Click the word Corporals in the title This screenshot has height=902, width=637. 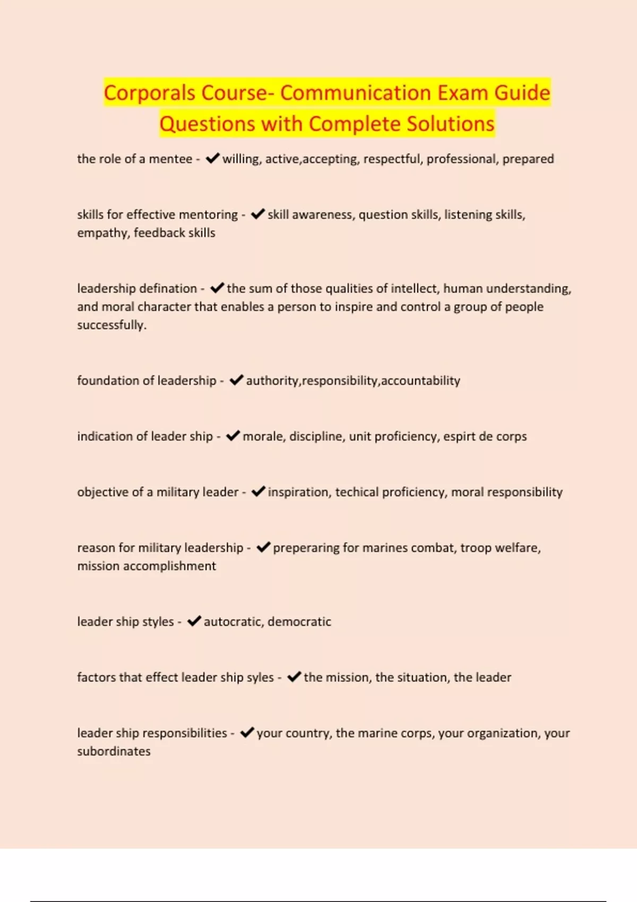150,93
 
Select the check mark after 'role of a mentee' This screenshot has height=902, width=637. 212,158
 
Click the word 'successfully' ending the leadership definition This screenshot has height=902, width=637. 111,325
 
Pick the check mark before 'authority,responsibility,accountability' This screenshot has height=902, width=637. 236,380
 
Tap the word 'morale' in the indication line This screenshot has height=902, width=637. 262,436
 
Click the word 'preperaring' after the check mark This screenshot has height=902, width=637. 305,548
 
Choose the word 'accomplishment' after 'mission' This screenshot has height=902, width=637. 169,566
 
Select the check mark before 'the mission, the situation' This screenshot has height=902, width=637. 294,677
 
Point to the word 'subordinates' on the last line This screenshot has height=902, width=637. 114,751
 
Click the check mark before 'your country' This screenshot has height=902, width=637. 247,732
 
